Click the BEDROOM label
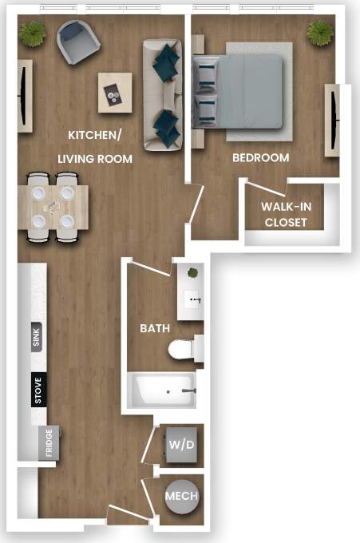pyautogui.click(x=260, y=158)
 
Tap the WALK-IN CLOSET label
pyautogui.click(x=286, y=215)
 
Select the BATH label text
pyautogui.click(x=155, y=328)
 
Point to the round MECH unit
pyautogui.click(x=181, y=497)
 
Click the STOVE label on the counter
pyautogui.click(x=38, y=389)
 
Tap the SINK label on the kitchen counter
pyautogui.click(x=37, y=338)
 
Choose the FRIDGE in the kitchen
pyautogui.click(x=49, y=442)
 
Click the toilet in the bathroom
pyautogui.click(x=184, y=349)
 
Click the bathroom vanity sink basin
pyautogui.click(x=192, y=300)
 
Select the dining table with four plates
pyautogui.click(x=51, y=207)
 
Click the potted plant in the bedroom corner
pyautogui.click(x=320, y=33)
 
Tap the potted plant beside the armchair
pyautogui.click(x=34, y=34)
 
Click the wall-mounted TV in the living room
pyautogui.click(x=25, y=95)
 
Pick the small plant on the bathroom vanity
pyautogui.click(x=192, y=273)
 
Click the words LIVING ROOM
pyautogui.click(x=95, y=159)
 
